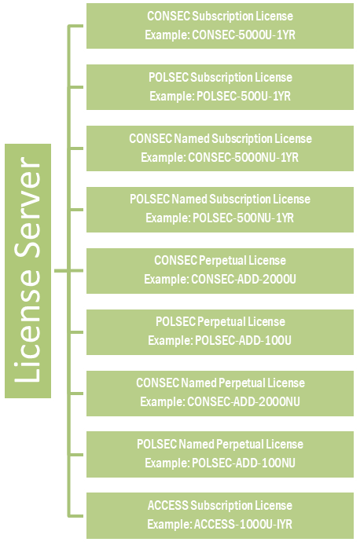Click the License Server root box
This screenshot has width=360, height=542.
click(28, 271)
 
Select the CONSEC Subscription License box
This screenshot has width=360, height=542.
click(220, 26)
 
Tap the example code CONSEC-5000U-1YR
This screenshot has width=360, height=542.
click(244, 35)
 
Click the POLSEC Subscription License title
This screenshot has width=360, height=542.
click(220, 78)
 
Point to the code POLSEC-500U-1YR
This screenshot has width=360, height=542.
click(244, 96)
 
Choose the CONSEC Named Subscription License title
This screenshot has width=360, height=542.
click(220, 138)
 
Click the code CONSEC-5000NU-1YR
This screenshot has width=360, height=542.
click(243, 158)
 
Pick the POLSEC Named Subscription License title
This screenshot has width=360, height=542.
click(220, 200)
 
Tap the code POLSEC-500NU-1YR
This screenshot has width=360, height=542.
click(243, 218)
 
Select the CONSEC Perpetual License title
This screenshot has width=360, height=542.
click(220, 260)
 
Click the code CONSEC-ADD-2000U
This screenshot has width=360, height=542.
click(244, 280)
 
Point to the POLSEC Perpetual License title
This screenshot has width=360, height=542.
click(220, 322)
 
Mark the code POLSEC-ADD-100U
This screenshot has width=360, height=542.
click(243, 340)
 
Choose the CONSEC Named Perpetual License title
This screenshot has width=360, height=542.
click(220, 383)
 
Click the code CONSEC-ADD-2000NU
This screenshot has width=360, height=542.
click(244, 401)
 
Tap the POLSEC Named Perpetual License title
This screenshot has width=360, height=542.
click(220, 444)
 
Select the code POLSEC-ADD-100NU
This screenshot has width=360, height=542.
click(244, 463)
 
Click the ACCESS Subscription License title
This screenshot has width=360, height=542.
click(220, 505)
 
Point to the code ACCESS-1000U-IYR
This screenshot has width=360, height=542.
click(243, 525)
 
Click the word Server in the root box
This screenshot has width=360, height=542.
click(28, 207)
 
